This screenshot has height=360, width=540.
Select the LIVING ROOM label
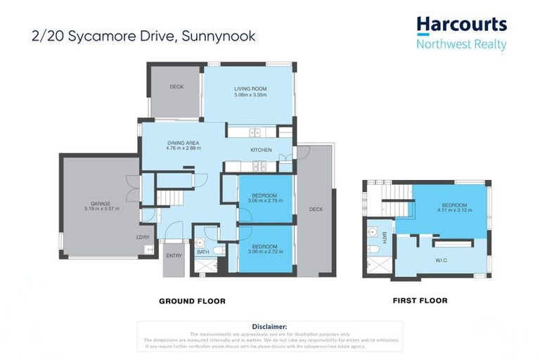coord(250,89)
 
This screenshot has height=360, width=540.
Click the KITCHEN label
coord(261,150)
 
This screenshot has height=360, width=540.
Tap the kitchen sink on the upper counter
coord(254,132)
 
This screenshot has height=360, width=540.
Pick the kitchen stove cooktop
coord(257,167)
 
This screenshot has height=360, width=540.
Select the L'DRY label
coord(143,238)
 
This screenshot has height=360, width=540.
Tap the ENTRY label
coord(173,255)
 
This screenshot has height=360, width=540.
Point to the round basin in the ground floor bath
coord(200,242)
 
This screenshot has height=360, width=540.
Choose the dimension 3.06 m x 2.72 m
coord(265,251)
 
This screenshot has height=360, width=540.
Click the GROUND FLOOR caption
coord(192,301)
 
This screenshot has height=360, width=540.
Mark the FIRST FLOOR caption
coord(420,300)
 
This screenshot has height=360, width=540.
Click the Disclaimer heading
coord(270,326)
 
